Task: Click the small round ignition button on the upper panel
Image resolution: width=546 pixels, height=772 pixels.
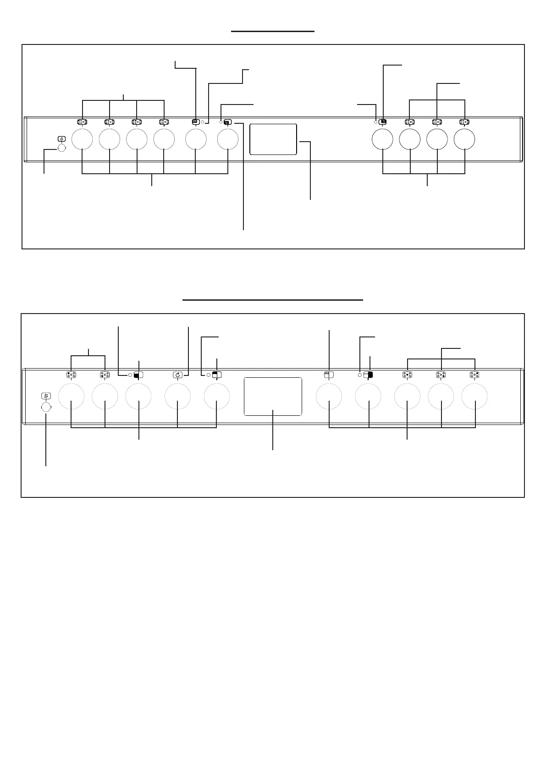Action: point(62,148)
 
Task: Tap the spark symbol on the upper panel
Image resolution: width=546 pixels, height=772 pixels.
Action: point(62,139)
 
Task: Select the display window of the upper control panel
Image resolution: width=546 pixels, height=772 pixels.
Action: point(273,139)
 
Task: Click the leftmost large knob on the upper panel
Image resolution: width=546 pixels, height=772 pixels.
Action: point(82,139)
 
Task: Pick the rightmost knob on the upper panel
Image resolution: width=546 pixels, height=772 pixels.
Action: point(464,139)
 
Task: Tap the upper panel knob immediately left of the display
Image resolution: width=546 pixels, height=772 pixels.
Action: point(228,139)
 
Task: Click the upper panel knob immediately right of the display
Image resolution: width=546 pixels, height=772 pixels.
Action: point(382,139)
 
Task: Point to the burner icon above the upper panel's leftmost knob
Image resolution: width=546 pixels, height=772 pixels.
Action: point(82,122)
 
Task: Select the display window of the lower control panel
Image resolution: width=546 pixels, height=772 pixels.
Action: point(273,397)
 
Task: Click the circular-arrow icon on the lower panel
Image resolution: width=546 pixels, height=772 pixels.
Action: point(177,375)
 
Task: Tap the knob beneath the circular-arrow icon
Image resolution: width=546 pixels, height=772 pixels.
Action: point(177,397)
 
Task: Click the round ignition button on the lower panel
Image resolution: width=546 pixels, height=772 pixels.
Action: point(46,407)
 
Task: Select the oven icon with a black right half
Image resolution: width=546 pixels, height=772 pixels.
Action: point(368,375)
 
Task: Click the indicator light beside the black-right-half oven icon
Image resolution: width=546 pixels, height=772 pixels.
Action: point(359,375)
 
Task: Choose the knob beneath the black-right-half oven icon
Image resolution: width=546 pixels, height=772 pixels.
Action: point(369,397)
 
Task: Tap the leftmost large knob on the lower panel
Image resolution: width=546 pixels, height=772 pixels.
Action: point(72,397)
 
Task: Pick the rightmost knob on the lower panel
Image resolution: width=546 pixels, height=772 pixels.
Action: point(474,397)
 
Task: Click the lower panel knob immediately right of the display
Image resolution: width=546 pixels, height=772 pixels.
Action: point(329,397)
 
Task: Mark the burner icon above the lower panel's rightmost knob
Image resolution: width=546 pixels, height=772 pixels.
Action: point(474,375)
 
